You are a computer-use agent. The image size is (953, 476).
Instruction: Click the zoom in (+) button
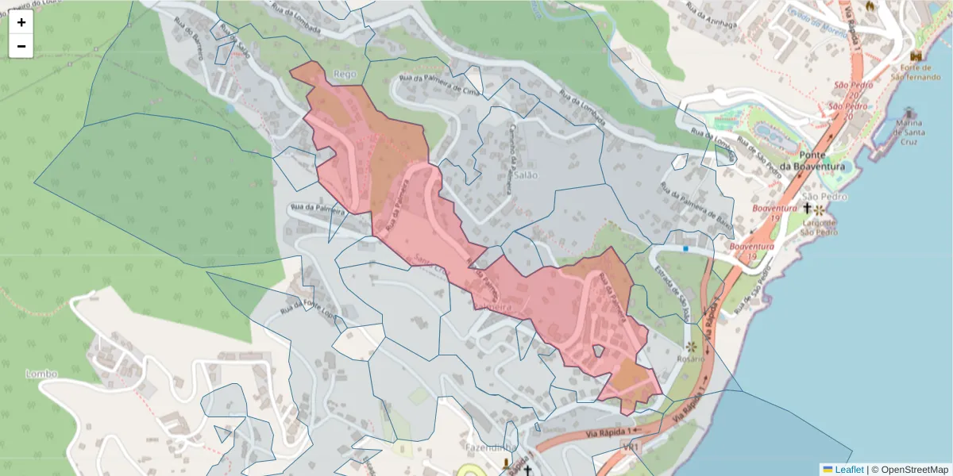[x=21, y=22]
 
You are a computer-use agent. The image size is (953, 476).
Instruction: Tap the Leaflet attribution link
[x=849, y=470]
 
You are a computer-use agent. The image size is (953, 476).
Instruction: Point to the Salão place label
[x=525, y=175]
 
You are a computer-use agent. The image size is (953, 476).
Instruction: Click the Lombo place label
[x=42, y=374]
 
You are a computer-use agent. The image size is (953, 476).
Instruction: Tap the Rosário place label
[x=690, y=359]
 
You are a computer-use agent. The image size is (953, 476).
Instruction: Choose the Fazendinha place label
[x=488, y=447]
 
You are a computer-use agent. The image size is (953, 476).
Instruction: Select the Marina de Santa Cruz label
[x=909, y=128]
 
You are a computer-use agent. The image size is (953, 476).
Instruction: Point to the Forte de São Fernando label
[x=918, y=72]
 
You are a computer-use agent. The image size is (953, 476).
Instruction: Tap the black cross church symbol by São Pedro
[x=807, y=208]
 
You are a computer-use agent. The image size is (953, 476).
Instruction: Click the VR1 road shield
[x=632, y=448]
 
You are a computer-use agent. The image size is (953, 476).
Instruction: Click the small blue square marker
[x=685, y=248]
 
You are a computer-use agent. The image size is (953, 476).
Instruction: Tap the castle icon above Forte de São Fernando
[x=917, y=57]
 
